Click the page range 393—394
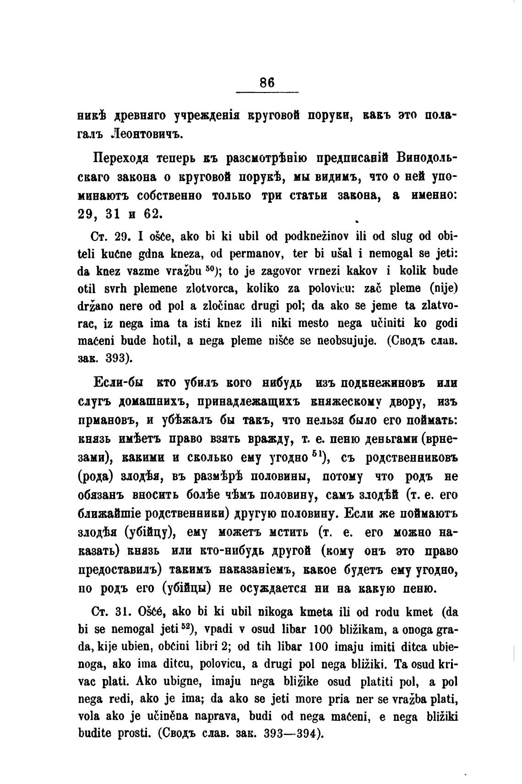291,733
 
